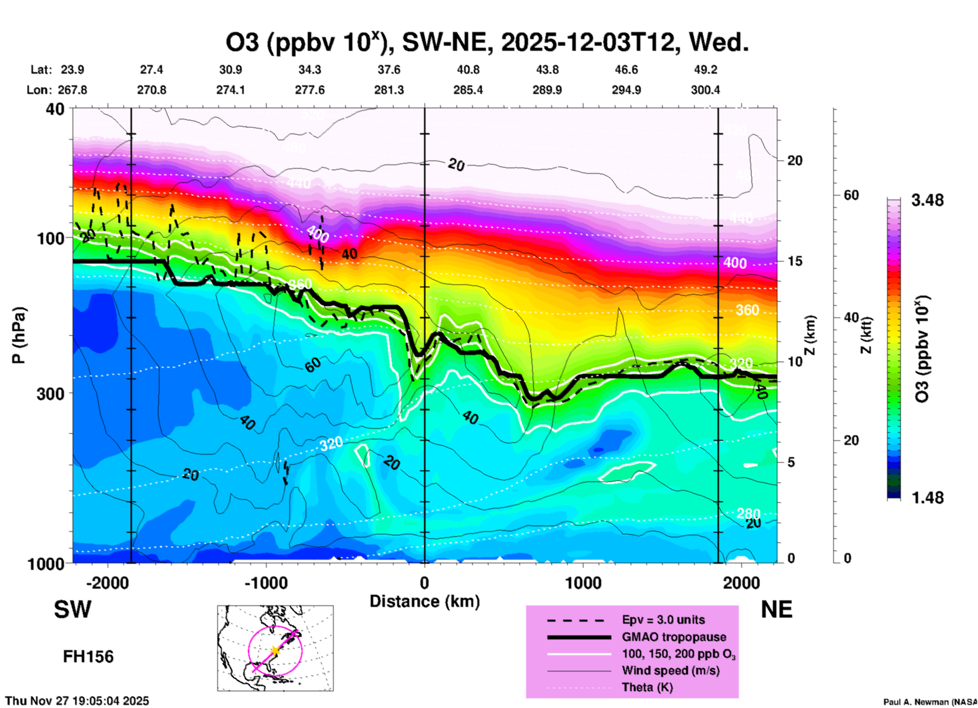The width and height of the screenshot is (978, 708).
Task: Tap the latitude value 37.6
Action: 388,70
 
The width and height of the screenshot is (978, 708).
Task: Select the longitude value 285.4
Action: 468,90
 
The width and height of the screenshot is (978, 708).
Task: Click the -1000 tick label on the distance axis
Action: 266,583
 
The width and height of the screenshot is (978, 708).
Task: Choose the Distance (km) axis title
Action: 425,601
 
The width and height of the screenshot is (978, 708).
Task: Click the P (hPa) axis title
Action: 19,335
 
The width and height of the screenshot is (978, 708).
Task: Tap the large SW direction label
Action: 73,609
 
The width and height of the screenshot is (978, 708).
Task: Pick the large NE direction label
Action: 776,609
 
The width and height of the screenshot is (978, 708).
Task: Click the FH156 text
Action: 88,657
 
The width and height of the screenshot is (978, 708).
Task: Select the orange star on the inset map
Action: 275,650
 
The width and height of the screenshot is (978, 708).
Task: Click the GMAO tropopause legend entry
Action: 674,637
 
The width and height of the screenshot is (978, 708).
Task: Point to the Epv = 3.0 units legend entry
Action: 663,620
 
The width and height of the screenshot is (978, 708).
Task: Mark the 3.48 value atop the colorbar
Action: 927,200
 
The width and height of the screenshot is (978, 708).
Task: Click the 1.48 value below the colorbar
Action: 927,497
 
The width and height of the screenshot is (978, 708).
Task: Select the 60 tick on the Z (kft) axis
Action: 851,195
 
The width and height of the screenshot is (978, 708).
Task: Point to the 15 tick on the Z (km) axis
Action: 795,261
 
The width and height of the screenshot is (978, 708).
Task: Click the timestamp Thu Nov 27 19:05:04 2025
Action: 77,701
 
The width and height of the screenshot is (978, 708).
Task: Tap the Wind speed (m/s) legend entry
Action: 670,670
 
